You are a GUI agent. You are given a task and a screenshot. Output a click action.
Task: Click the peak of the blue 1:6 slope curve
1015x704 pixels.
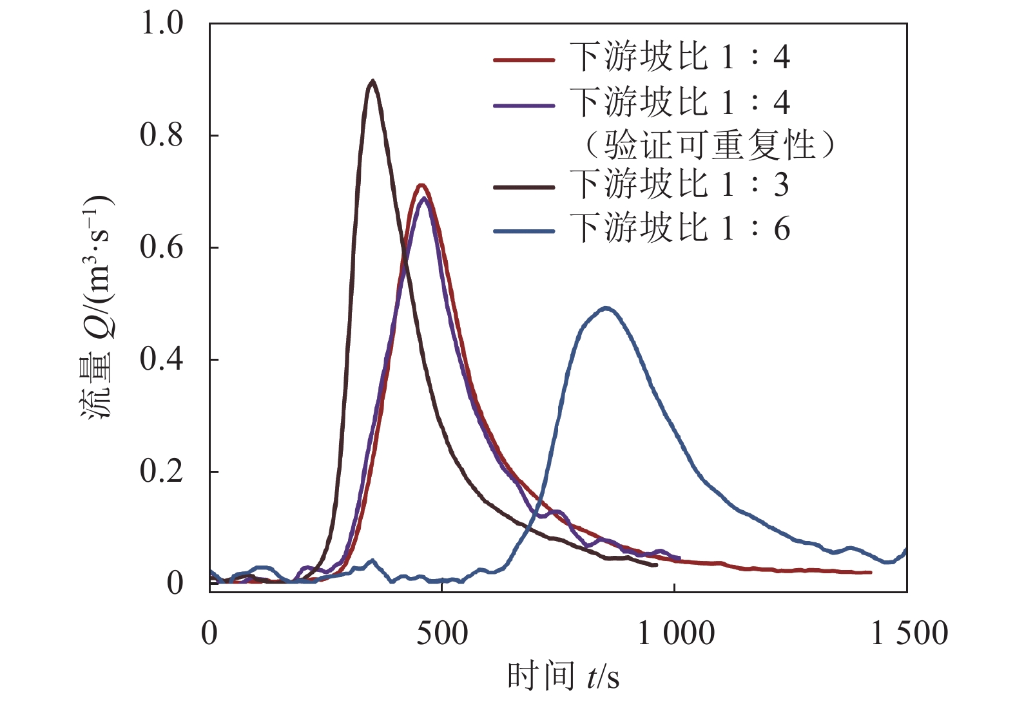click(606, 309)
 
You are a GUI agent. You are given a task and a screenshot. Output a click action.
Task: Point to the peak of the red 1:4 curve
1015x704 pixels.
click(421, 186)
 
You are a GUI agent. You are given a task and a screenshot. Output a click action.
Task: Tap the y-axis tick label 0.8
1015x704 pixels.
click(162, 135)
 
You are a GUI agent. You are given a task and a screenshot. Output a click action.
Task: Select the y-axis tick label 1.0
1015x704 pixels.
click(162, 23)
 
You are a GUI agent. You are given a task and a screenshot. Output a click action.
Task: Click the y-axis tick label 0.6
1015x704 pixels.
click(162, 247)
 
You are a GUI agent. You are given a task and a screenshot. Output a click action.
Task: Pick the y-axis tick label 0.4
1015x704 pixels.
click(162, 359)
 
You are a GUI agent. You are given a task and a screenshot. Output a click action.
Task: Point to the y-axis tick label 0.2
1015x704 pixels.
click(162, 471)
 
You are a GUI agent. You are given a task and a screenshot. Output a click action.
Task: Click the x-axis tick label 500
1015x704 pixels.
click(442, 634)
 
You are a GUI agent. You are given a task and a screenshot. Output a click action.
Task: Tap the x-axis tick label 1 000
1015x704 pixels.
click(675, 634)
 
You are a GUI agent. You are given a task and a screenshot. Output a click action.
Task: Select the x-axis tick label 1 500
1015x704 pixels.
click(909, 634)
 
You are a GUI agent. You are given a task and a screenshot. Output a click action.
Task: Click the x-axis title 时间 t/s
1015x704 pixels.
click(563, 676)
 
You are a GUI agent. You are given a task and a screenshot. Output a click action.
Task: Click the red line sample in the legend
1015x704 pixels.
click(524, 60)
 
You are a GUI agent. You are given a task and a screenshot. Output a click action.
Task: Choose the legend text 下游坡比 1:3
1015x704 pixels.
click(679, 186)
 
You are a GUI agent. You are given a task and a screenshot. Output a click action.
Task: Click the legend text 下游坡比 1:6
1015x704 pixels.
click(679, 229)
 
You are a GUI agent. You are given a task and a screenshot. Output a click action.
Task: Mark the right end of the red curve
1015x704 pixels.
click(870, 572)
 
